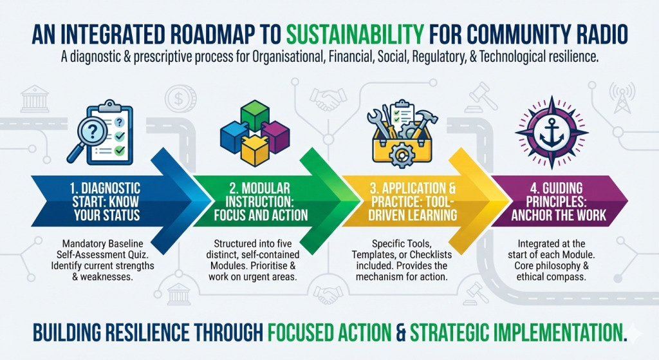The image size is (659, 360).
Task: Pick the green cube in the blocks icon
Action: pos(255,115)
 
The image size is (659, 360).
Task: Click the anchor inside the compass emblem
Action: pos(552,133)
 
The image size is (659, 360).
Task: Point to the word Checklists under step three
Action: pos(431,255)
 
